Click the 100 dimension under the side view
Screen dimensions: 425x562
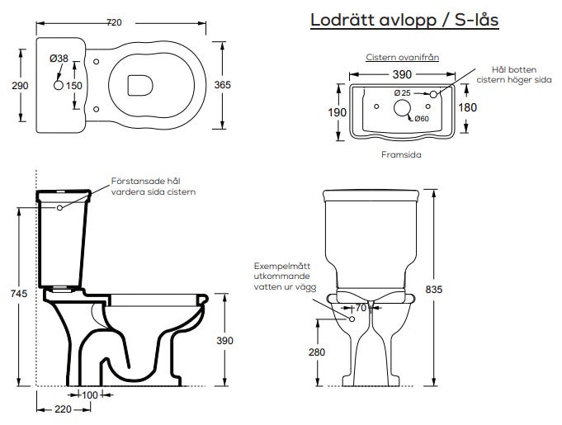[89, 395]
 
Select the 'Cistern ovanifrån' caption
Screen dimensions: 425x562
[402, 58]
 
